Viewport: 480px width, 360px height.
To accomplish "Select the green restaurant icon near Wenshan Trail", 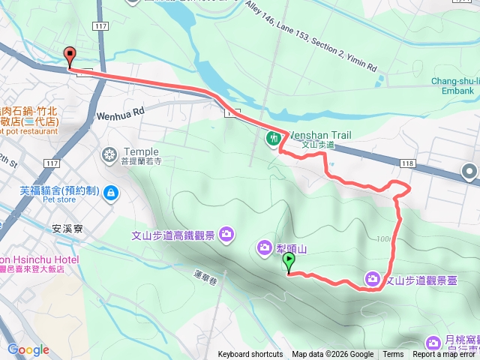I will click(274, 138).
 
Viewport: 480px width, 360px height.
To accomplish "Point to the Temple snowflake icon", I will click(109, 155).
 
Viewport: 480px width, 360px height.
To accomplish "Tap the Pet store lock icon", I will click(110, 193).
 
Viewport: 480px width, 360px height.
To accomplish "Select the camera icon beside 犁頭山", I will click(264, 247).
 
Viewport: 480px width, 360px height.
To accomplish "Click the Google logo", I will click(28, 349).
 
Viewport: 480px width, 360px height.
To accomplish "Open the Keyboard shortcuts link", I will click(250, 355).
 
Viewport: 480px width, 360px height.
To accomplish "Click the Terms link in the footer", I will click(393, 355).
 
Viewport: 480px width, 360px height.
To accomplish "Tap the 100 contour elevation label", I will click(385, 239).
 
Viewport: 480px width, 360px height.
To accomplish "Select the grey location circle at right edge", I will click(470, 172).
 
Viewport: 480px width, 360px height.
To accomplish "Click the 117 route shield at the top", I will click(101, 25).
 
